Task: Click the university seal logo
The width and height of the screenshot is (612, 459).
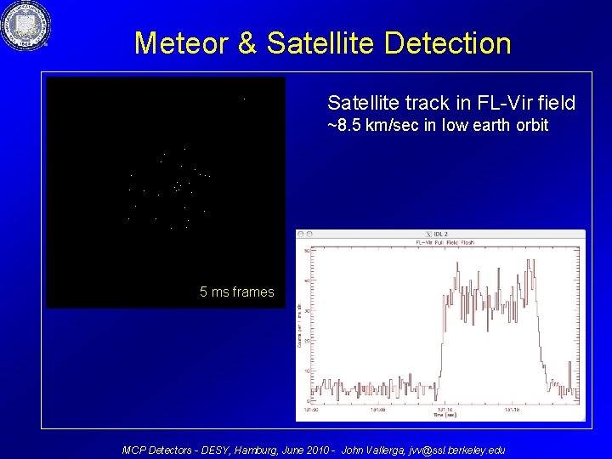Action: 25,25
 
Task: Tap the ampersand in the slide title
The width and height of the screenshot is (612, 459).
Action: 248,43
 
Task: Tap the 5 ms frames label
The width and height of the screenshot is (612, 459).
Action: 236,292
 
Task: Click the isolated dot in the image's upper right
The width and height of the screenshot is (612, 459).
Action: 244,99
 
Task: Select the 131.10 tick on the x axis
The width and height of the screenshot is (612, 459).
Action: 442,408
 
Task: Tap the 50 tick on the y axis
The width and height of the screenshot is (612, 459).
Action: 307,251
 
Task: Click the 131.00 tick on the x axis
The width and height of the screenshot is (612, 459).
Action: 313,408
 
